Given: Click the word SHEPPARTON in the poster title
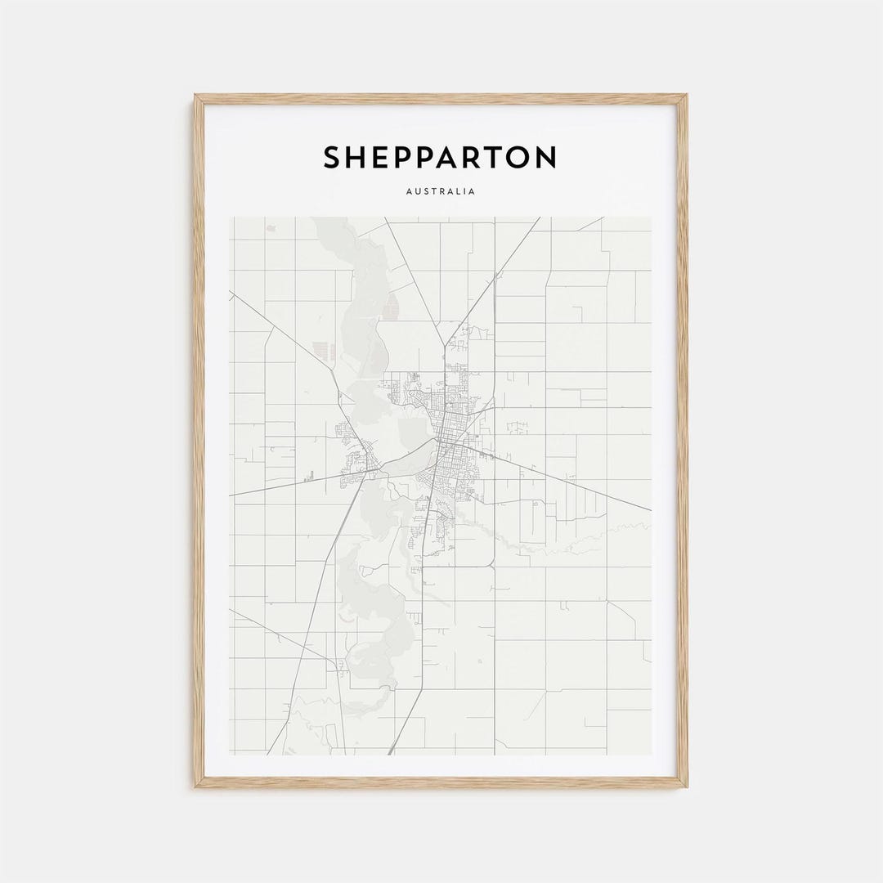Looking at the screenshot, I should click(440, 158).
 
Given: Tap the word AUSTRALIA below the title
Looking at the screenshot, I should click(440, 192).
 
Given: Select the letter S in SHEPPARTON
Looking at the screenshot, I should click(332, 158).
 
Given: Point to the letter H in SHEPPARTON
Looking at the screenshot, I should click(356, 158).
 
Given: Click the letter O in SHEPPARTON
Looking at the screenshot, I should click(518, 158).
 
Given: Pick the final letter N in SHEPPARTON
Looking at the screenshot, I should click(545, 158).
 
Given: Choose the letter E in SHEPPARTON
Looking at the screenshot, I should click(380, 158).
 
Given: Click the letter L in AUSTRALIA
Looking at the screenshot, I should click(457, 192).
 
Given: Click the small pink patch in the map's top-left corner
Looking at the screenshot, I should click(271, 228).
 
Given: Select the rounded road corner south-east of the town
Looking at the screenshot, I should click(491, 563).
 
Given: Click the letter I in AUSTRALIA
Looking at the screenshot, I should click(464, 192).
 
